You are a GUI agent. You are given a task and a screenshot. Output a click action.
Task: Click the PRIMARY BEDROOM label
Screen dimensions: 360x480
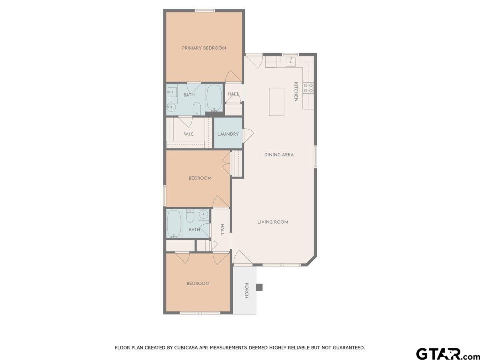(x=204, y=48)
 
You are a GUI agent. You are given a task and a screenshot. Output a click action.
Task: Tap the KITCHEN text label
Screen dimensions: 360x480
(x=296, y=92)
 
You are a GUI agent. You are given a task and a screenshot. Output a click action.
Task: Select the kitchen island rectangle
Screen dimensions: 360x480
(x=276, y=102)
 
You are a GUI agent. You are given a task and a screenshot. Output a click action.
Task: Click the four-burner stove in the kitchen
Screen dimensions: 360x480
(x=308, y=88)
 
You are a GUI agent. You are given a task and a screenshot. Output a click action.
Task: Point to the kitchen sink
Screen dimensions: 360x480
(x=291, y=61)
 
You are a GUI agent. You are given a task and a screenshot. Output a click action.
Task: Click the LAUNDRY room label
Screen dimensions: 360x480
(x=228, y=134)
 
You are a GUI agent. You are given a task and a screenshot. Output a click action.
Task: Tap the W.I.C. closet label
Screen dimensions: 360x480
(x=189, y=134)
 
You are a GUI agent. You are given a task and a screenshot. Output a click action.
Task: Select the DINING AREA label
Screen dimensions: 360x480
(x=279, y=155)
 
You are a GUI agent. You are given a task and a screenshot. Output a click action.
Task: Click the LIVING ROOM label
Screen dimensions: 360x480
(x=273, y=222)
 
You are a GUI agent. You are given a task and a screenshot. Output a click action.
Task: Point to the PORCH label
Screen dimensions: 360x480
(x=247, y=291)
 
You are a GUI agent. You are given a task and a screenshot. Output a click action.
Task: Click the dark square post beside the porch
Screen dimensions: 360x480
(x=259, y=287)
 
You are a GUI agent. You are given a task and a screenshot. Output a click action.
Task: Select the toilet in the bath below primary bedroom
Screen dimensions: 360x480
(x=196, y=108)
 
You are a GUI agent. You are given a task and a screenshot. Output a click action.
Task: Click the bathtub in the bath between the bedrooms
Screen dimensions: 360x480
(x=174, y=224)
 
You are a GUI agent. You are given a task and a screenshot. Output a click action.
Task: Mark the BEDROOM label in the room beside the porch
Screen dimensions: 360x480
(x=198, y=284)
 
